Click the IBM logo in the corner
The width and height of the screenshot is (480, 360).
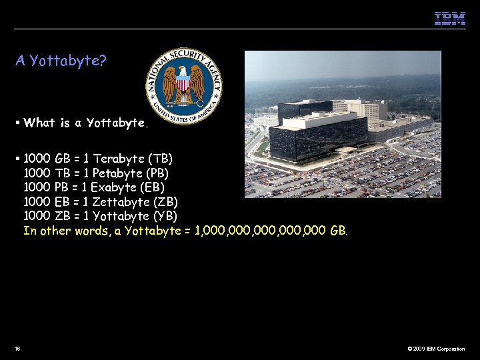click(x=450, y=19)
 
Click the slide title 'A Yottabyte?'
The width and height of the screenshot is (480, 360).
click(x=61, y=61)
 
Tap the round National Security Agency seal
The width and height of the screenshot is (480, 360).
click(x=185, y=85)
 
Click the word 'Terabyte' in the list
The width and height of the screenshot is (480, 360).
click(x=119, y=159)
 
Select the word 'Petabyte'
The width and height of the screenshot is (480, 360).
click(x=118, y=173)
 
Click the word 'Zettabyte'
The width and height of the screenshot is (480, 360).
click(x=120, y=202)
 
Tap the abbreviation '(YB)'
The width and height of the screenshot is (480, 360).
click(x=165, y=217)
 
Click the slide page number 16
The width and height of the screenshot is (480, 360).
click(x=17, y=349)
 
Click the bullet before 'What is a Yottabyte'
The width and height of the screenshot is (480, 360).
click(x=18, y=121)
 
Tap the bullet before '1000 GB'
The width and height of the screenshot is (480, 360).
click(x=18, y=158)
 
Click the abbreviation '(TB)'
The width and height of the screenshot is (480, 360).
click(x=161, y=159)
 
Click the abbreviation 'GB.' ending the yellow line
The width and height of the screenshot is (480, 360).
click(x=339, y=231)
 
